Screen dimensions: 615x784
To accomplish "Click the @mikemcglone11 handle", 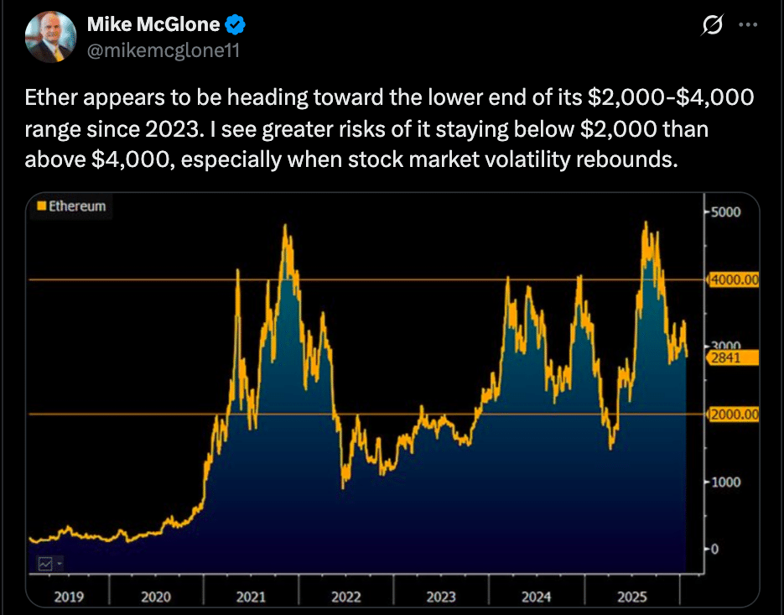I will pyautogui.click(x=164, y=50).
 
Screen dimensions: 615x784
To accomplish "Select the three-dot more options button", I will pyautogui.click(x=747, y=25).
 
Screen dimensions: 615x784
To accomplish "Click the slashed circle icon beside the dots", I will pyautogui.click(x=712, y=26).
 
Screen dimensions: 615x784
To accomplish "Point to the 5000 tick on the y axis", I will pyautogui.click(x=726, y=211).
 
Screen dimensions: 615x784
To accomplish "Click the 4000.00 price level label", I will pyautogui.click(x=734, y=279).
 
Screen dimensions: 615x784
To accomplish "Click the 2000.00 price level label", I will pyautogui.click(x=734, y=414).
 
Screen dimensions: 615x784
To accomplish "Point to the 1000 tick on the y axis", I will pyautogui.click(x=726, y=482).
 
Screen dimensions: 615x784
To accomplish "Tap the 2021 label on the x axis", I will pyautogui.click(x=251, y=597).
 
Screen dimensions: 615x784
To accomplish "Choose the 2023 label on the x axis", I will pyautogui.click(x=441, y=597).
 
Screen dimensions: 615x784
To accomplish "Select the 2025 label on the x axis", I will pyautogui.click(x=631, y=597).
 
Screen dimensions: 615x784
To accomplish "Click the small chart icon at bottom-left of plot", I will pyautogui.click(x=45, y=565).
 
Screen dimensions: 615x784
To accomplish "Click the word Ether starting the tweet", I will pyautogui.click(x=48, y=99).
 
